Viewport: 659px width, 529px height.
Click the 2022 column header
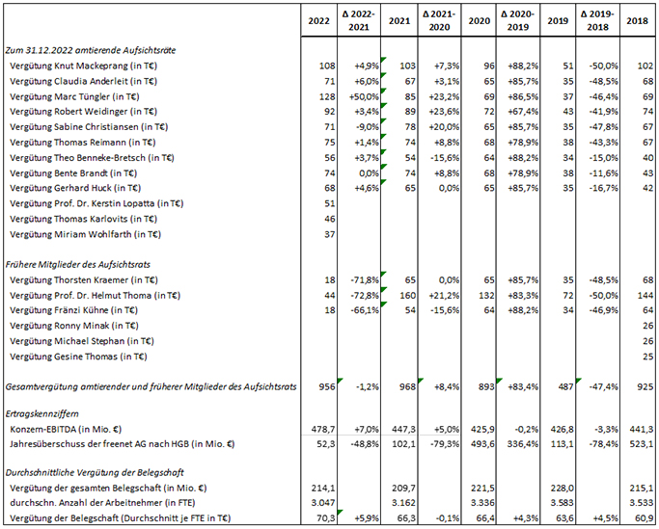pyautogui.click(x=319, y=20)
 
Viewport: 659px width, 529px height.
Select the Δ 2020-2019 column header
pyautogui.click(x=518, y=20)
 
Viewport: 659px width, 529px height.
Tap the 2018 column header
pyautogui.click(x=637, y=20)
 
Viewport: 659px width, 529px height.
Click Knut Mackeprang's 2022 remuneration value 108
pyautogui.click(x=327, y=66)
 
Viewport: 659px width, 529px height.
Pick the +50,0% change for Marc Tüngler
pyautogui.click(x=364, y=96)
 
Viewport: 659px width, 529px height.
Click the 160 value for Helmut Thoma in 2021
pyautogui.click(x=407, y=296)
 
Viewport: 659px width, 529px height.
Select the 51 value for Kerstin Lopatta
pyautogui.click(x=330, y=203)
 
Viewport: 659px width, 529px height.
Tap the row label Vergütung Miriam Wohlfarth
pyautogui.click(x=85, y=234)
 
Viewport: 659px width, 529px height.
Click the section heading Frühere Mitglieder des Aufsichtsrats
pyautogui.click(x=78, y=264)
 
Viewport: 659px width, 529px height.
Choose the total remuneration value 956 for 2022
pyautogui.click(x=327, y=386)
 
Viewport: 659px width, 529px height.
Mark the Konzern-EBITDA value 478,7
pyautogui.click(x=323, y=429)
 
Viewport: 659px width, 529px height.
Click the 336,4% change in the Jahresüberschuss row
pyautogui.click(x=523, y=444)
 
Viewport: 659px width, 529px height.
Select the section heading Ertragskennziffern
pyautogui.click(x=41, y=413)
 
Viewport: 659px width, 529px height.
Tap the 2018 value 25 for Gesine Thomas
pyautogui.click(x=648, y=357)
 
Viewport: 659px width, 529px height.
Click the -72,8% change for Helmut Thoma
pyautogui.click(x=365, y=296)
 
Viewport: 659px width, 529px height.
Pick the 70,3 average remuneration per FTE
pyautogui.click(x=327, y=518)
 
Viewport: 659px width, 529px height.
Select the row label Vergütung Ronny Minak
pyautogui.click(x=74, y=326)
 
